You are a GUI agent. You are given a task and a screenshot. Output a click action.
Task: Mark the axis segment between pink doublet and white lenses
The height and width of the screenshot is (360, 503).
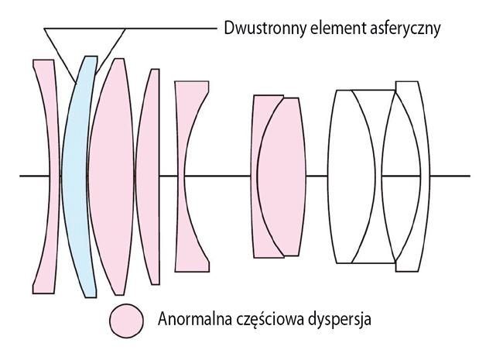pyautogui.click(x=317, y=176)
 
